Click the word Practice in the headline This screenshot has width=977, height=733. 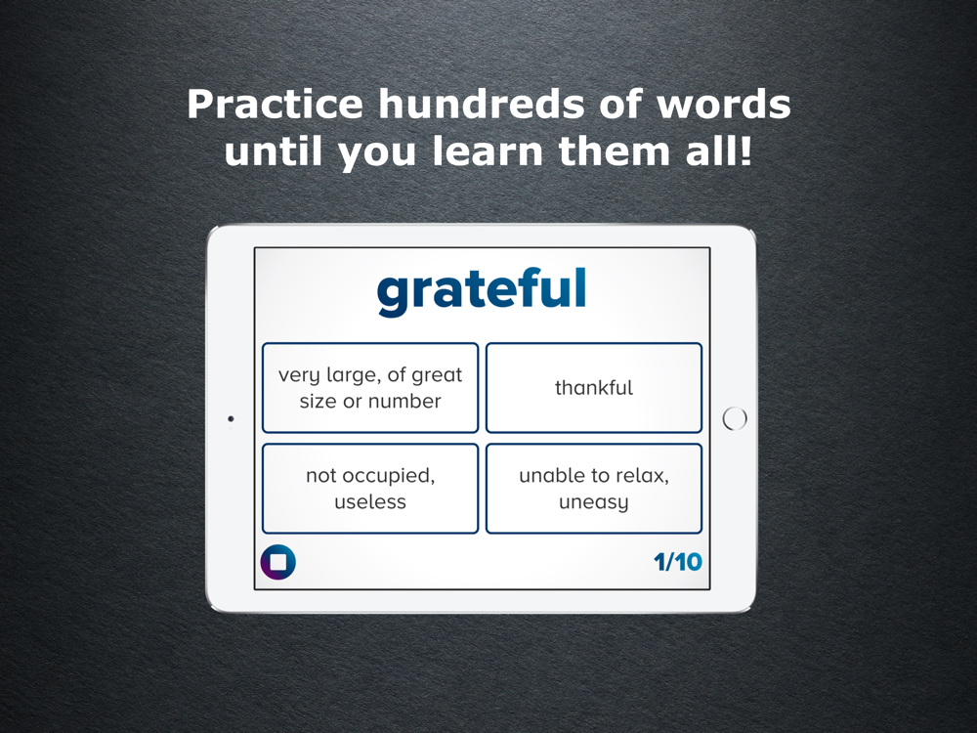275,105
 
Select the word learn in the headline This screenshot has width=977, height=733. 488,151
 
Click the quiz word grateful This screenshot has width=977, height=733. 482,290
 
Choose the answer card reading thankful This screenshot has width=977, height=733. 594,388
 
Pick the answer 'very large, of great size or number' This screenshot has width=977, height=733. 370,388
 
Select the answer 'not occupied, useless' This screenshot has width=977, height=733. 370,489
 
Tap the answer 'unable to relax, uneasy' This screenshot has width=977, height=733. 594,489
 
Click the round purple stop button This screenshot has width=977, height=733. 277,562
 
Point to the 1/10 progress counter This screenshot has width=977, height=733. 678,562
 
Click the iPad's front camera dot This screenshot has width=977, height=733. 231,419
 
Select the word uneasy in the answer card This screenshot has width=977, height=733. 593,502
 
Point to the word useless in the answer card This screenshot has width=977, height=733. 370,501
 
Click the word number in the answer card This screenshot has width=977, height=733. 407,401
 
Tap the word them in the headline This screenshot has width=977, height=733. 615,151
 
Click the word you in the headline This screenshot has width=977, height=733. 377,154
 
